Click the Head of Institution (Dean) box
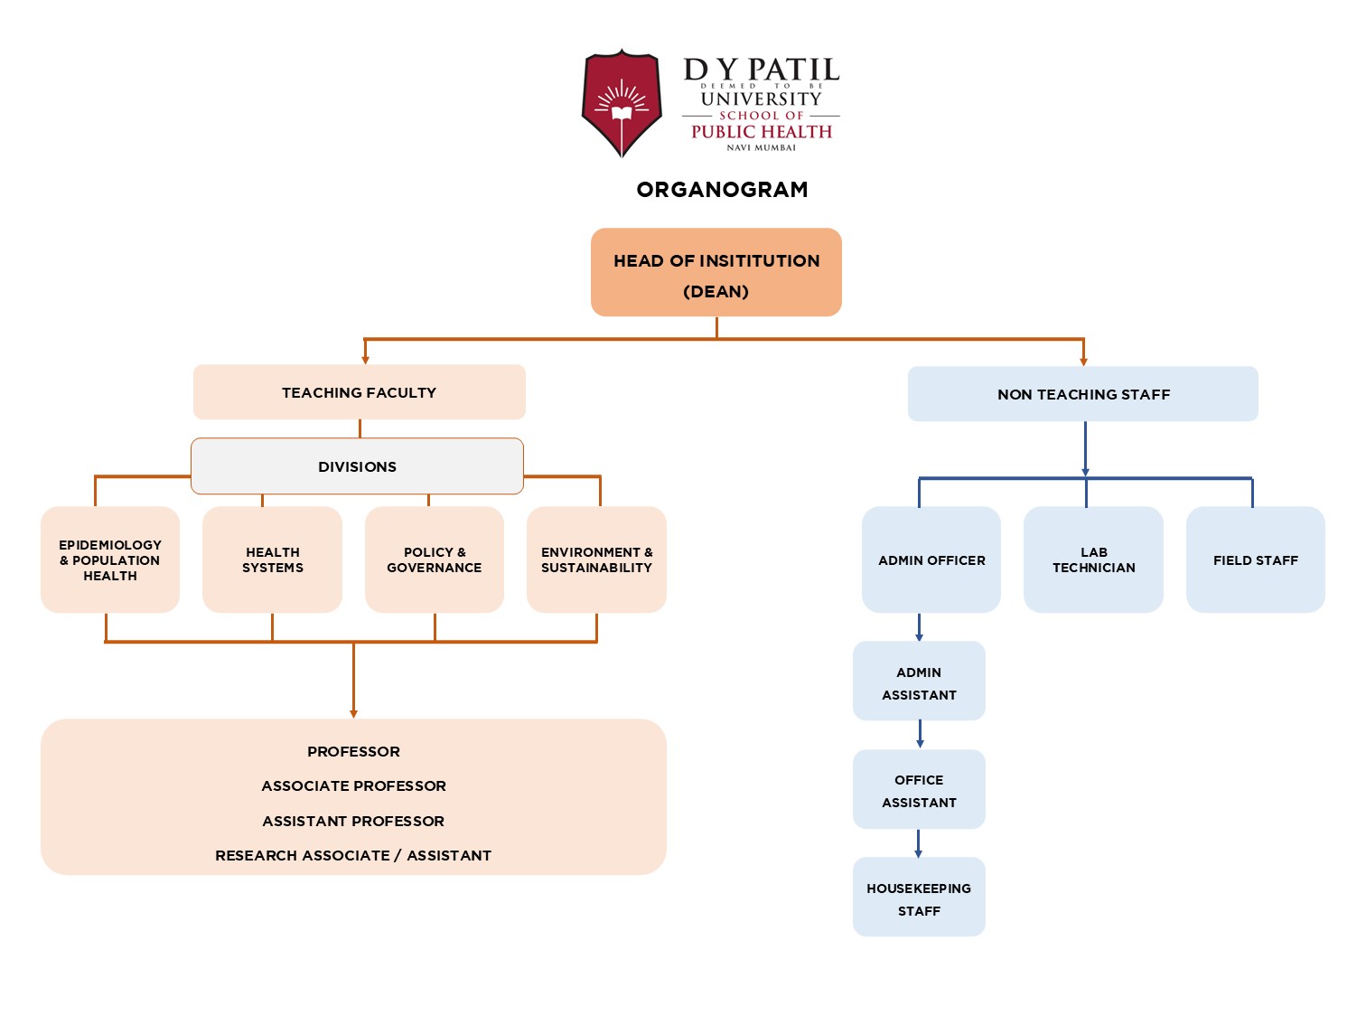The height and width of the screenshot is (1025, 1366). coord(716,272)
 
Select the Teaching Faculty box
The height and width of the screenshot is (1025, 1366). coord(359,392)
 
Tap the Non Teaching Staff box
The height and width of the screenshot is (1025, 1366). coord(1082,394)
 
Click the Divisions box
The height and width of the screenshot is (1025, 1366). coord(357,466)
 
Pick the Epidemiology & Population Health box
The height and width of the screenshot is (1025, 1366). coord(110,560)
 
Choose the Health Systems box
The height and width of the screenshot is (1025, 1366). coord(272,560)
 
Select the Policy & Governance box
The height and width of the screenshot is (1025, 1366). coord(434,560)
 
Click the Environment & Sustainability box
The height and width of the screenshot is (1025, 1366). coord(596,560)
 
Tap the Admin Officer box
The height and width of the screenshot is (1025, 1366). coord(931,560)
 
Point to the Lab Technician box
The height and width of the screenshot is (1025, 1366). coord(1093,560)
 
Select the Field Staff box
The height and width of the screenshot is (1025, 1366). coord(1255,560)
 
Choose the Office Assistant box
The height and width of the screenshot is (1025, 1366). coord(919,790)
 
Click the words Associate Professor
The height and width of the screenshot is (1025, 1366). coord(353,786)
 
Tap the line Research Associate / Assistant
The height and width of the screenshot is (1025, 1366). coord(353,855)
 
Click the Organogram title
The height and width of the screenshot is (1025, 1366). coord(722,190)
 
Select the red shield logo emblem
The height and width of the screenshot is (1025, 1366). coord(622,103)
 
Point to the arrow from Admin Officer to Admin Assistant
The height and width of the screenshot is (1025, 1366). coord(920,627)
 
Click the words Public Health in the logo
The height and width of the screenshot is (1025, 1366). coord(762,132)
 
